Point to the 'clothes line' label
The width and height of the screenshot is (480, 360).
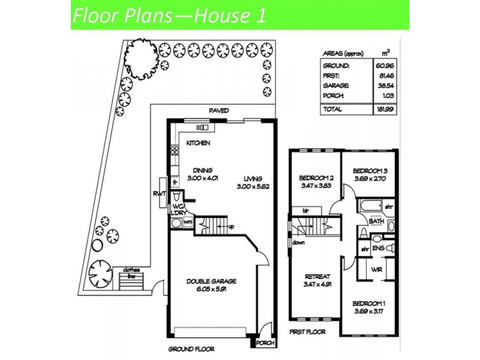coord(133,273)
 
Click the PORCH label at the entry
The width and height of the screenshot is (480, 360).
coord(263,344)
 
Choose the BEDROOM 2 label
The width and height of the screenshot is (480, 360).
coord(316,178)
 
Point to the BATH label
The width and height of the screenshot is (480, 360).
coord(376,221)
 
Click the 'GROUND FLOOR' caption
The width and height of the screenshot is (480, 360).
coord(191,347)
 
